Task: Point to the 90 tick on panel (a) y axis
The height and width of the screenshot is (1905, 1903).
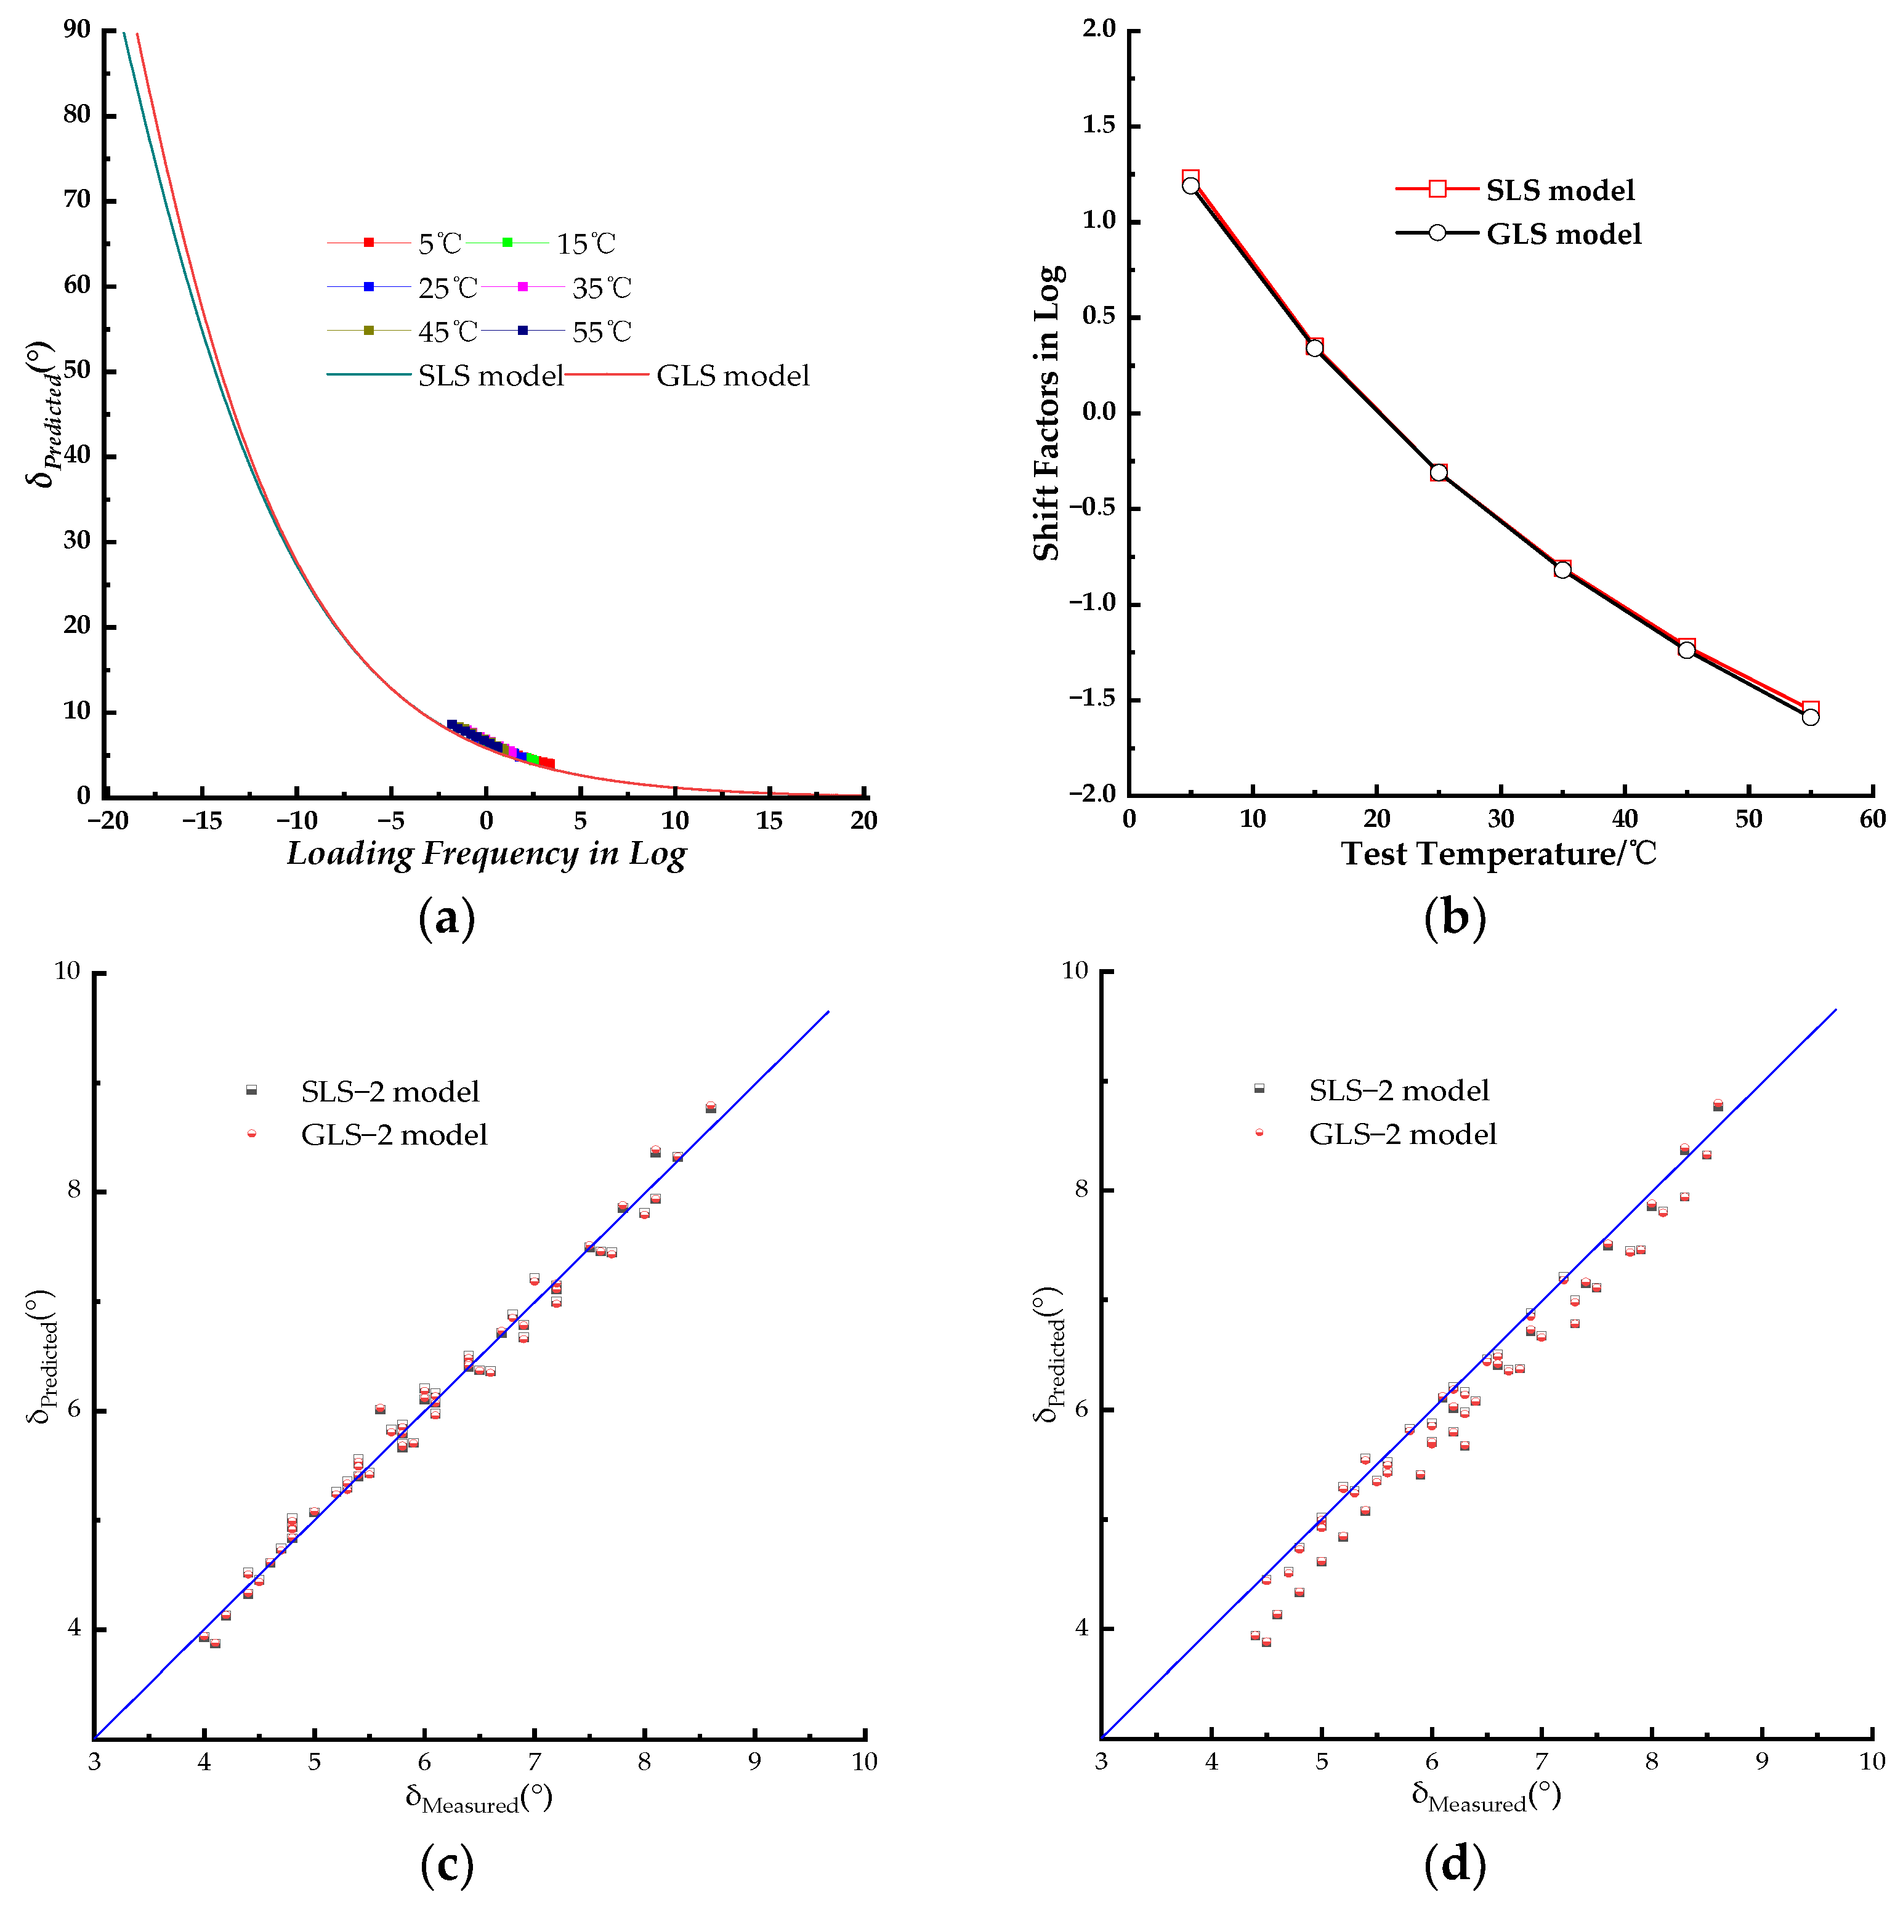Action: click(x=77, y=30)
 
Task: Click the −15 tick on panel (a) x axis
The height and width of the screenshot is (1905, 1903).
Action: click(x=202, y=820)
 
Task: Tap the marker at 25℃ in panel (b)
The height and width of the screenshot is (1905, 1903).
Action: click(x=1439, y=472)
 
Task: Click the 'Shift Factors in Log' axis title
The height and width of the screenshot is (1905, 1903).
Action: click(x=1048, y=412)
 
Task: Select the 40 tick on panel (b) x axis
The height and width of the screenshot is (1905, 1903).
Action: click(x=1625, y=820)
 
